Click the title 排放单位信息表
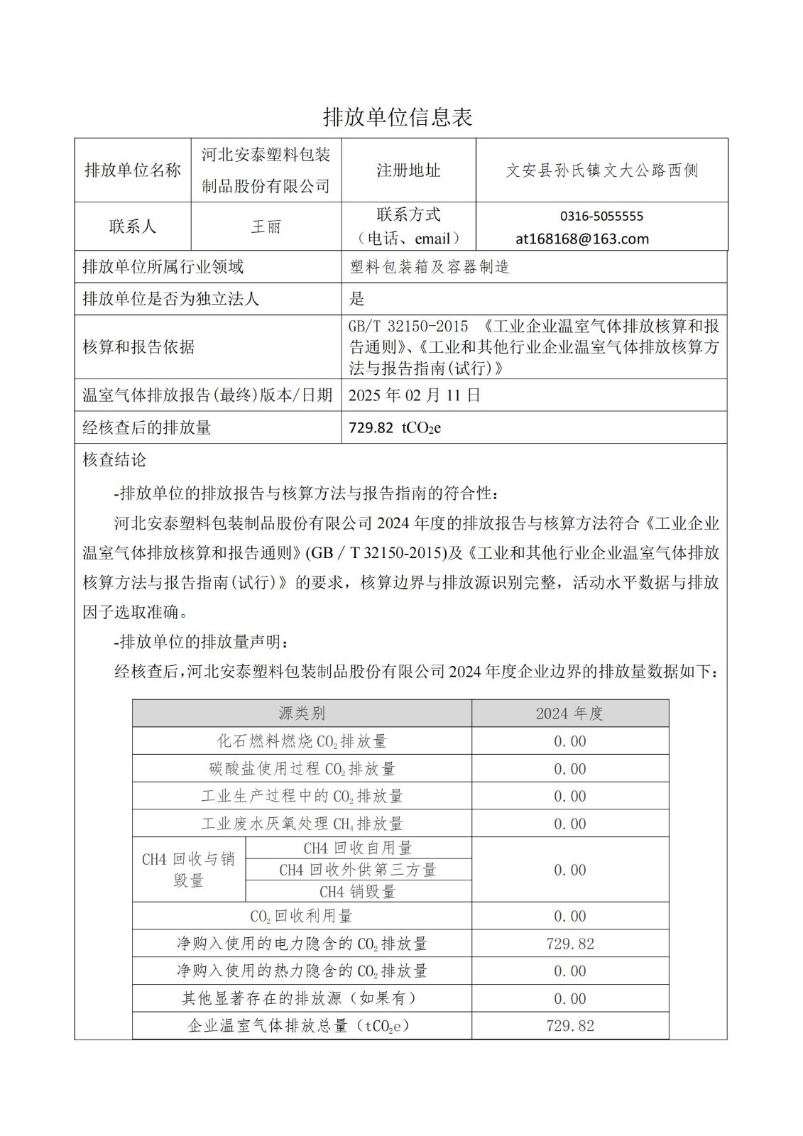click(x=398, y=117)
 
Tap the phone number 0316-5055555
click(x=601, y=216)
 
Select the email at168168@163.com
click(x=582, y=239)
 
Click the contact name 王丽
click(x=266, y=227)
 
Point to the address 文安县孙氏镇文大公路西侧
click(x=601, y=170)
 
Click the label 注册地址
click(x=408, y=170)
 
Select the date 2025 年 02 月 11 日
click(x=415, y=395)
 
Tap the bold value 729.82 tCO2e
click(x=395, y=427)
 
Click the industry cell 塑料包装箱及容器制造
click(x=430, y=267)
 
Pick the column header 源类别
click(x=302, y=714)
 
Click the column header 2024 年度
click(x=569, y=714)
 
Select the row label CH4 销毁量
click(x=358, y=892)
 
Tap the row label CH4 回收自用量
click(x=358, y=848)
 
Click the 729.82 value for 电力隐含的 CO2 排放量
click(x=570, y=944)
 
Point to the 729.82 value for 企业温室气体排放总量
click(x=570, y=1026)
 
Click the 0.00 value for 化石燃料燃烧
click(x=570, y=741)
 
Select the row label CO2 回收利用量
click(x=302, y=917)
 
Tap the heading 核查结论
click(x=114, y=460)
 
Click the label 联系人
click(x=133, y=227)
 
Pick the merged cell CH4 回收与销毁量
click(x=188, y=870)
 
